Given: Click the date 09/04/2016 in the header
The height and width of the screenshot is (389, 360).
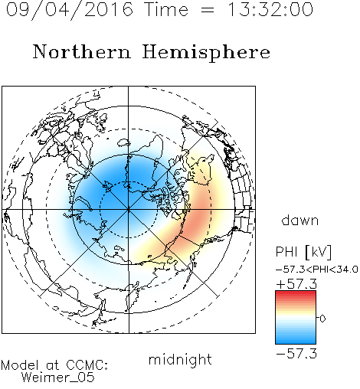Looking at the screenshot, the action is pos(70,10).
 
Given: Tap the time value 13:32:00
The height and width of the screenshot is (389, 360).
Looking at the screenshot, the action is pos(270,9).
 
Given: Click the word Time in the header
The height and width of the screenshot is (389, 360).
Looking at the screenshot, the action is pos(166,9).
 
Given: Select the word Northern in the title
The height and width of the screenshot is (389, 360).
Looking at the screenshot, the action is pos(82,51).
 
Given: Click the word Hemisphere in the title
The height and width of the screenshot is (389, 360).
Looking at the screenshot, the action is pos(206,53).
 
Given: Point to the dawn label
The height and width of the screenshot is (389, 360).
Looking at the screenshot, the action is pos(300,220).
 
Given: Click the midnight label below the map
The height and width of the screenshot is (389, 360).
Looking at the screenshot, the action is pos(180,359).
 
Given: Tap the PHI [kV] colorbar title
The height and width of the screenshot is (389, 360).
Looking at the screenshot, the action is pos(303,252).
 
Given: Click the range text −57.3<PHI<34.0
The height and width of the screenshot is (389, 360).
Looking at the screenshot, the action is pos(316,270).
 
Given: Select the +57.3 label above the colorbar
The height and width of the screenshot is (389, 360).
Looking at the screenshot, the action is pos(296,284).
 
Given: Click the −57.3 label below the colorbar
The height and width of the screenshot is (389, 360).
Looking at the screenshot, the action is pos(296,354).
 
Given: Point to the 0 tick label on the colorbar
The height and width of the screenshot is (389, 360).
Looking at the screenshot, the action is pos(322,319).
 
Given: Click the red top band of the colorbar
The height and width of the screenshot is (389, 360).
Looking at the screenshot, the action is pos(296,294).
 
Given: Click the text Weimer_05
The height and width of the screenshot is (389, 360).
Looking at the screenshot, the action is pos(58,378).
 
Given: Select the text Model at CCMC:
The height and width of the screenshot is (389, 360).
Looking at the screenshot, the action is pos(54,365).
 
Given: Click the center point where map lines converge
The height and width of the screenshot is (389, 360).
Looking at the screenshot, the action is pos(129,209).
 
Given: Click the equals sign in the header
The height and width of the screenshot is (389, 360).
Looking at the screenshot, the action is pos(208,10).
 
